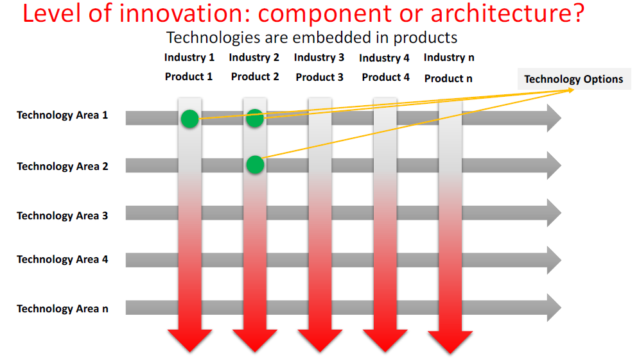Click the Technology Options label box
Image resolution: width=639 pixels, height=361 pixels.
pyautogui.click(x=573, y=79)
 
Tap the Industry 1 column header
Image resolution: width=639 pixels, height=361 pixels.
pyautogui.click(x=189, y=57)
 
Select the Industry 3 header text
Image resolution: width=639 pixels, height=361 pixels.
pyautogui.click(x=319, y=57)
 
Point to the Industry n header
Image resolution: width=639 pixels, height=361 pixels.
pyautogui.click(x=449, y=57)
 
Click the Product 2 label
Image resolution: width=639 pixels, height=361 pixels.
pyautogui.click(x=255, y=76)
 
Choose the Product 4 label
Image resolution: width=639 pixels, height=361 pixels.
pyautogui.click(x=385, y=77)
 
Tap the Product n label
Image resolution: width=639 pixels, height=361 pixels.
pyautogui.click(x=448, y=78)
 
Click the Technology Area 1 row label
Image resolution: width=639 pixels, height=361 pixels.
pyautogui.click(x=62, y=115)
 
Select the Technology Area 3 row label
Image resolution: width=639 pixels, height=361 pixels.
pyautogui.click(x=62, y=215)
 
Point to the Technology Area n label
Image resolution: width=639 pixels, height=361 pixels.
pyautogui.click(x=62, y=309)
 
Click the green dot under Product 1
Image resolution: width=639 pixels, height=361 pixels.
pyautogui.click(x=190, y=119)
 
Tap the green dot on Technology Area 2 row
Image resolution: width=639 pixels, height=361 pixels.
pyautogui.click(x=255, y=165)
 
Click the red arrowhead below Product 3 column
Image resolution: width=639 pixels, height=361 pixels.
pyautogui.click(x=320, y=340)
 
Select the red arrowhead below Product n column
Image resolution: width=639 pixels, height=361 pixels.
pyautogui.click(x=450, y=342)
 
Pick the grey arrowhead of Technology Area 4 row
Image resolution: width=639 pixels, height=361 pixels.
pyautogui.click(x=554, y=260)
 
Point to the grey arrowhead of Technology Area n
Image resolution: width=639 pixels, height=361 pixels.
pyautogui.click(x=554, y=308)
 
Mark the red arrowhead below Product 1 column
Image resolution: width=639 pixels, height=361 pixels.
pyautogui.click(x=190, y=340)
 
